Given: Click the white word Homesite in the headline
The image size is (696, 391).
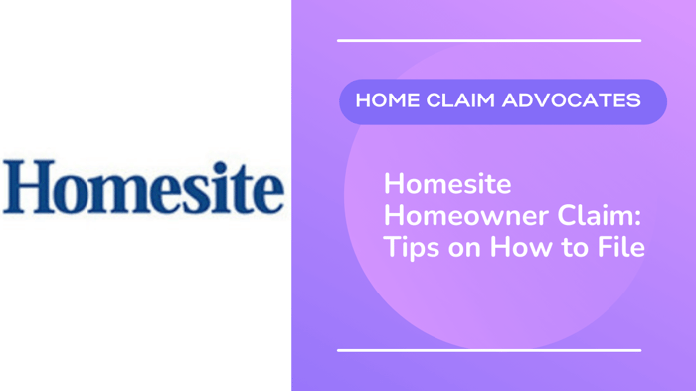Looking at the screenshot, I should [x=447, y=184].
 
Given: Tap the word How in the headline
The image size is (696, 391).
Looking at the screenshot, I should [x=524, y=246].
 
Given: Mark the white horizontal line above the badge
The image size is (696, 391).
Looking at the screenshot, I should [x=489, y=41].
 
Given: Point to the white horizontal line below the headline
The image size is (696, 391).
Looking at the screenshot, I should [x=489, y=350].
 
